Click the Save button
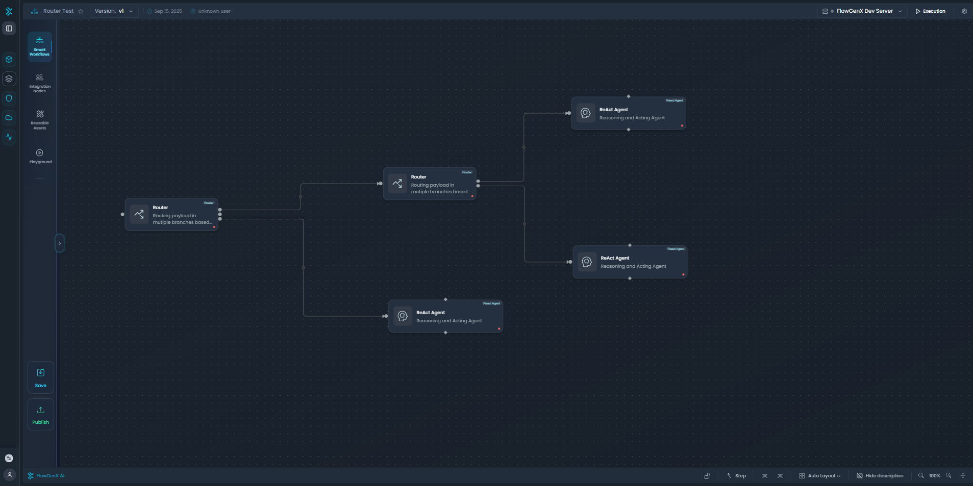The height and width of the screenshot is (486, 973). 41,377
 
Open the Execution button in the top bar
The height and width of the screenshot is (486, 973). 930,11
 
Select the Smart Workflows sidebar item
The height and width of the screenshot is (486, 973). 40,46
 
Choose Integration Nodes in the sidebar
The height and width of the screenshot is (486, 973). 40,83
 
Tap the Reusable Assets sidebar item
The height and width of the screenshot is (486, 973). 40,119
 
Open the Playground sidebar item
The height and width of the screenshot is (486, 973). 40,156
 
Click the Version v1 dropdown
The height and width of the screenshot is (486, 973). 114,11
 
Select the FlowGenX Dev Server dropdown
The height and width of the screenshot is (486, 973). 864,11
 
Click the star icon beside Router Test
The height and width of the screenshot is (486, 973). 81,11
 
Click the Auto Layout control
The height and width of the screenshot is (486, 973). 819,476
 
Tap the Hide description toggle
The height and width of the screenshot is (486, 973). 880,476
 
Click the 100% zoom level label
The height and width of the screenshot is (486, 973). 934,476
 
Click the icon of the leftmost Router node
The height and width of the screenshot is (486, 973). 139,215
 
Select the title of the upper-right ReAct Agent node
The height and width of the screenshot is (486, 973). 613,110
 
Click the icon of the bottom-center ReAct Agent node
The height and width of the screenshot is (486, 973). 403,316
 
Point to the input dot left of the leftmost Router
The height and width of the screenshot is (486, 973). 122,214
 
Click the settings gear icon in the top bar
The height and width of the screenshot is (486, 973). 964,11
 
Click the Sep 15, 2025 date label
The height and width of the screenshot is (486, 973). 168,11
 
